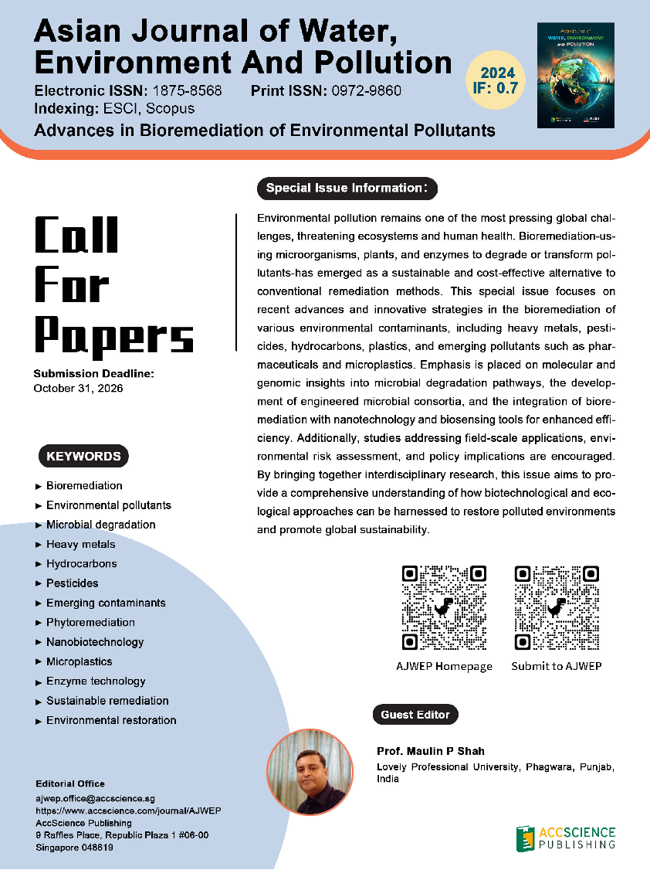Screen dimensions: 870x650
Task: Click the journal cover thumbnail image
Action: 575,74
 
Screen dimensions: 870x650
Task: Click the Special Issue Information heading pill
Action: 347,188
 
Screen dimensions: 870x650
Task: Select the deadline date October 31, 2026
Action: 78,388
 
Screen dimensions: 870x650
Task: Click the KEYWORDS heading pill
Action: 83,456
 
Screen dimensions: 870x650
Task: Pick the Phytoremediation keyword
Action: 90,622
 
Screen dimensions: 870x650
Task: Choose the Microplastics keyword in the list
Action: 79,661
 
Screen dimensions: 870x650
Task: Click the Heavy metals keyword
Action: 80,544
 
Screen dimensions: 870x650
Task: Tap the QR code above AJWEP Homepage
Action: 444,607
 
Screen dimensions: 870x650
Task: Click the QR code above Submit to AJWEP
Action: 556,607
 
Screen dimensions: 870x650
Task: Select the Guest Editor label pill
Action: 415,715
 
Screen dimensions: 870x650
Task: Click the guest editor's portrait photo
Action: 310,773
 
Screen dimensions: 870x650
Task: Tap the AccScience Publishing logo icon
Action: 525,837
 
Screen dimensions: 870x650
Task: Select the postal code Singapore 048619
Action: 75,848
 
